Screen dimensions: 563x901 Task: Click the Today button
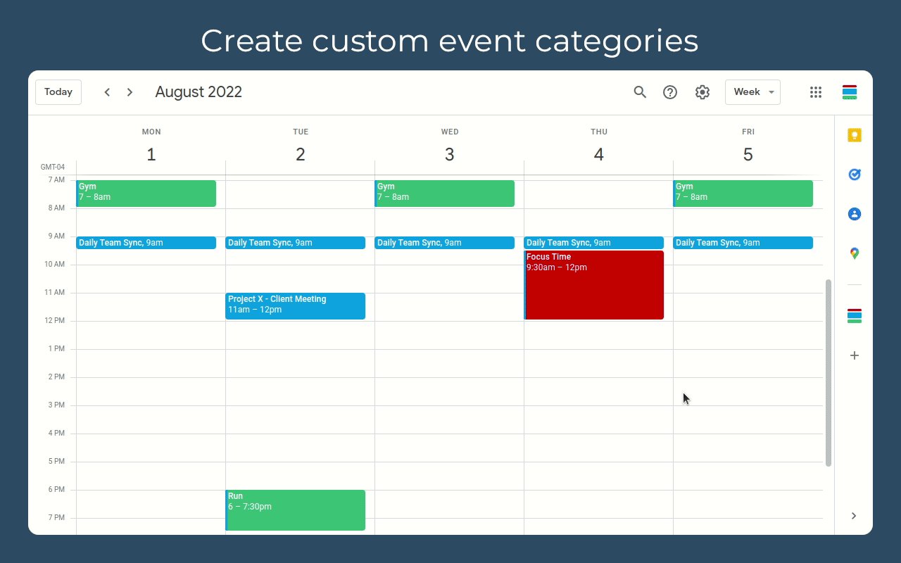point(58,92)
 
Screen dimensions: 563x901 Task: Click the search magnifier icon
point(640,92)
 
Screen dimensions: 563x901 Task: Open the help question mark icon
point(670,92)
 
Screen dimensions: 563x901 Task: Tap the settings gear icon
point(702,92)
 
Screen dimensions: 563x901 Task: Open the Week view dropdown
point(752,92)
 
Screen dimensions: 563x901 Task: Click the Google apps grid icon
point(816,92)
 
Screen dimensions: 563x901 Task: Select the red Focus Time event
point(594,285)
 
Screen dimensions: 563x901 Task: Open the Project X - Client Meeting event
point(296,306)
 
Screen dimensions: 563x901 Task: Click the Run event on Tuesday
point(296,510)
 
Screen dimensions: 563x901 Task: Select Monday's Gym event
point(146,194)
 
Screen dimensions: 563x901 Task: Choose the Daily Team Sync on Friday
point(743,243)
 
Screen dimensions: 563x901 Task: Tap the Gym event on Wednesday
point(445,194)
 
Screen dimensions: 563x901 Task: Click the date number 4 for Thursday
point(599,155)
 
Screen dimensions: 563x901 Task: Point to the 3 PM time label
point(56,405)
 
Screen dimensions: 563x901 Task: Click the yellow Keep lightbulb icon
point(855,136)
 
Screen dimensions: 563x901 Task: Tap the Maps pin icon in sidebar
point(855,254)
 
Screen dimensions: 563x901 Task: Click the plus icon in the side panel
point(855,355)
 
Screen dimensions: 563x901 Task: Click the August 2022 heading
point(199,92)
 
